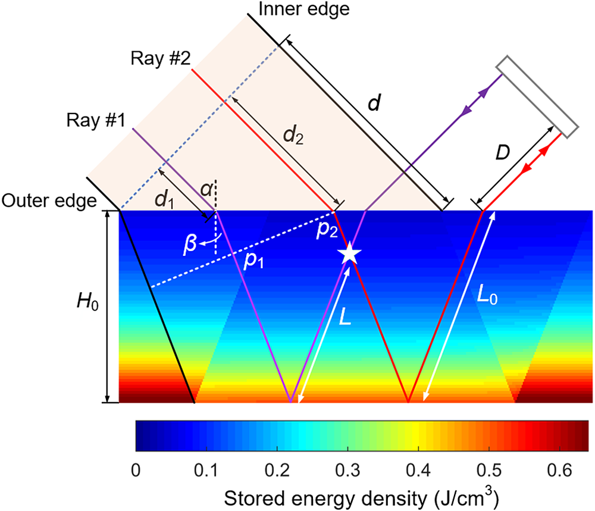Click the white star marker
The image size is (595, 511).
pos(349,254)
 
